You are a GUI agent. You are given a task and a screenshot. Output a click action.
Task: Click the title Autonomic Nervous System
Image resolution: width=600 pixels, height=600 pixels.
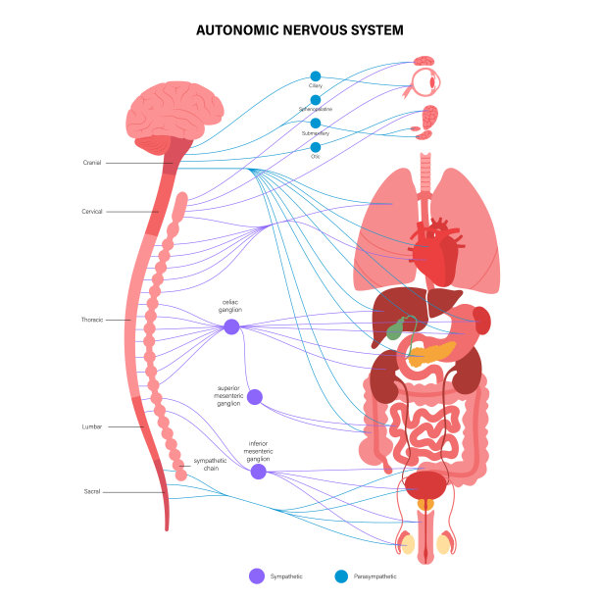(300, 30)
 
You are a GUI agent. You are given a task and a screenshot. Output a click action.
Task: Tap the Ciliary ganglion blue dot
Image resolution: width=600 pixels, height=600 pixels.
(316, 75)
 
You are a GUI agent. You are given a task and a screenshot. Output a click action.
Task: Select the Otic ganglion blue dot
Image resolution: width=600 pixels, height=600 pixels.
(316, 146)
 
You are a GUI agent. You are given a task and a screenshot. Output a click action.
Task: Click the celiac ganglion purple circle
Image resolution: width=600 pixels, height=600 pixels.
(231, 326)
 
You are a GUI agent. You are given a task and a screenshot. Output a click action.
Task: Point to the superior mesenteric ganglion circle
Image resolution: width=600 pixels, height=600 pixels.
(255, 397)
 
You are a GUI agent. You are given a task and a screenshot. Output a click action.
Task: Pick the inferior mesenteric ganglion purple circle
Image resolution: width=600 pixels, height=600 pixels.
(258, 472)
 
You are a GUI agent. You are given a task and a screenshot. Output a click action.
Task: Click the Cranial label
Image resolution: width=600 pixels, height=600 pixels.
(92, 163)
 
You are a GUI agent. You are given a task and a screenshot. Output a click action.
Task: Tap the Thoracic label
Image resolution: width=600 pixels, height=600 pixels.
(92, 320)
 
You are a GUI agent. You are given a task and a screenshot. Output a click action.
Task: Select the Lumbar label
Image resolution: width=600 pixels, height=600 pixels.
(92, 426)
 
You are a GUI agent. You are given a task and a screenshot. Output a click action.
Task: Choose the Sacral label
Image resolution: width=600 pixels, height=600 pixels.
(92, 490)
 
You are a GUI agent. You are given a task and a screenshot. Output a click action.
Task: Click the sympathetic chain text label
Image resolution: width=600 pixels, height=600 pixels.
(210, 464)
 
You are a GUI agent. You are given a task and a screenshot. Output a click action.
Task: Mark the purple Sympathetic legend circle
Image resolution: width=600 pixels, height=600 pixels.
(258, 576)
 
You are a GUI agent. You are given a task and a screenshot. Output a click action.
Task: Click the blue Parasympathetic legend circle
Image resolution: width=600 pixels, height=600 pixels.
(341, 576)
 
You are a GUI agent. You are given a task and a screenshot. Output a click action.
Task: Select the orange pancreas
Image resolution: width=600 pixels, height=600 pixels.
(431, 350)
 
